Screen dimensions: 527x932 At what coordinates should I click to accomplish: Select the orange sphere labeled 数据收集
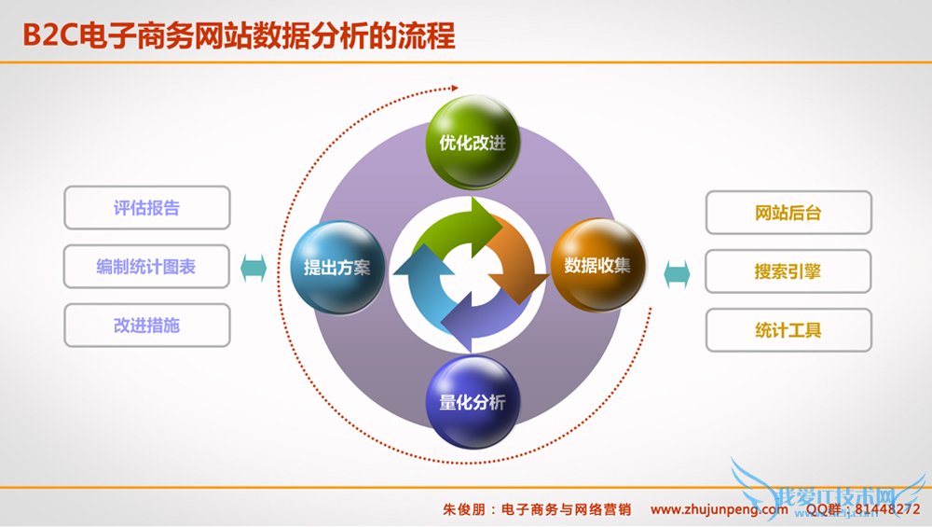click(x=596, y=265)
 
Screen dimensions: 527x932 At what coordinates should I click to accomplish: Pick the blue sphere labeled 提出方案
click(x=336, y=267)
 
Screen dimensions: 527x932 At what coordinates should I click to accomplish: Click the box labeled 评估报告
click(x=146, y=208)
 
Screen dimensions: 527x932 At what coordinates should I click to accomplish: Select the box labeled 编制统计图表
click(x=146, y=267)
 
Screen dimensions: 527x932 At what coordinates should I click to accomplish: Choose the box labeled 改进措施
click(x=146, y=326)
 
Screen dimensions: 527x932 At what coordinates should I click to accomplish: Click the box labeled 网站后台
click(x=788, y=213)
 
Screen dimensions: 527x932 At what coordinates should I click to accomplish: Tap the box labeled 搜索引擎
click(x=788, y=271)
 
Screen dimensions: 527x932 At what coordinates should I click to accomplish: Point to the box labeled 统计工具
click(x=788, y=330)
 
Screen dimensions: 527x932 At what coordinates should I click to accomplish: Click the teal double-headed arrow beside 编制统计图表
click(x=254, y=269)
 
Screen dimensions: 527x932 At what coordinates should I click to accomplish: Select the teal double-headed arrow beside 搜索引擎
click(x=678, y=273)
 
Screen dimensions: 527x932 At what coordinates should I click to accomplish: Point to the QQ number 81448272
click(x=885, y=510)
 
